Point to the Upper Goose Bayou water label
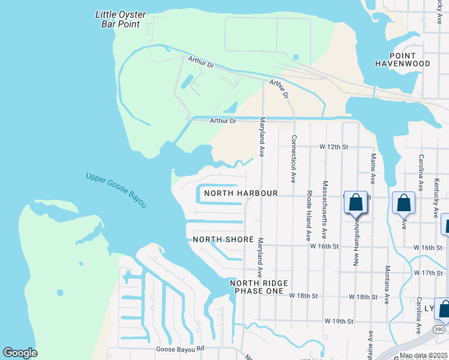click(x=116, y=190)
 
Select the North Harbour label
click(x=241, y=193)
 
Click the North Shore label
click(x=223, y=239)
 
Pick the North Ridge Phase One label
click(x=262, y=287)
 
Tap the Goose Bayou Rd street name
click(x=179, y=348)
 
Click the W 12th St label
click(x=334, y=146)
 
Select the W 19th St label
click(x=338, y=322)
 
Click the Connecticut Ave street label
click(x=293, y=158)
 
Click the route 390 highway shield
click(x=438, y=329)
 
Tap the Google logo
click(x=20, y=353)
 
